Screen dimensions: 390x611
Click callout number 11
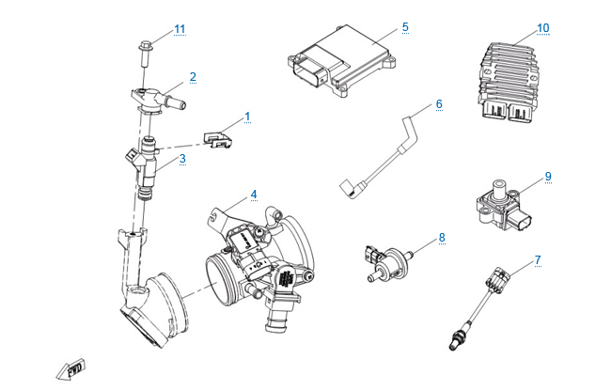tap(180, 29)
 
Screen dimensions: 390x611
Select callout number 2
tap(192, 76)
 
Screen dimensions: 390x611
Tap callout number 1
tap(247, 117)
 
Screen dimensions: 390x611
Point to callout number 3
tap(182, 159)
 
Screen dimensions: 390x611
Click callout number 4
tap(253, 195)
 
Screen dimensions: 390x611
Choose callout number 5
tap(404, 27)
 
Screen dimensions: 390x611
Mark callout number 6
tap(438, 103)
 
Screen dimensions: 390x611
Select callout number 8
tap(441, 238)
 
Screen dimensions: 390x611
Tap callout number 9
tap(547, 176)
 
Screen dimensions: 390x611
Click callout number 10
tap(542, 28)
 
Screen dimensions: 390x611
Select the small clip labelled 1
tap(219, 138)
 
